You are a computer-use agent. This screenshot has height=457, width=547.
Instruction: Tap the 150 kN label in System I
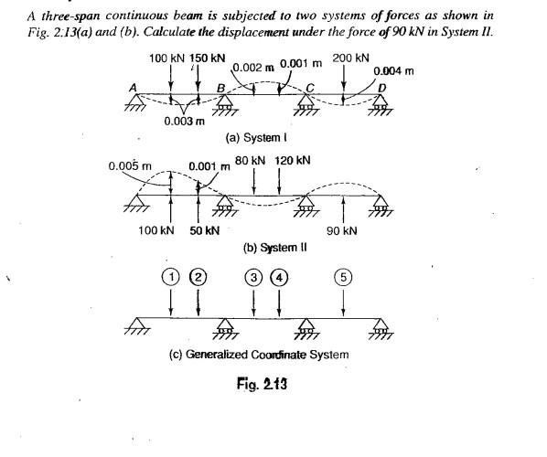208,58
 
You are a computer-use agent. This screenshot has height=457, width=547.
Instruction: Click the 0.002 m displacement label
252,68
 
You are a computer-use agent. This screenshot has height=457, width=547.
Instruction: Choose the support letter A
134,86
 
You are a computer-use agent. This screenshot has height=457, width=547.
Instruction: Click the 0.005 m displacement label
129,166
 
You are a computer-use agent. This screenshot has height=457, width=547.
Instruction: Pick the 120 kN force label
293,161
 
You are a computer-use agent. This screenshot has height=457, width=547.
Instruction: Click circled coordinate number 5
342,275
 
